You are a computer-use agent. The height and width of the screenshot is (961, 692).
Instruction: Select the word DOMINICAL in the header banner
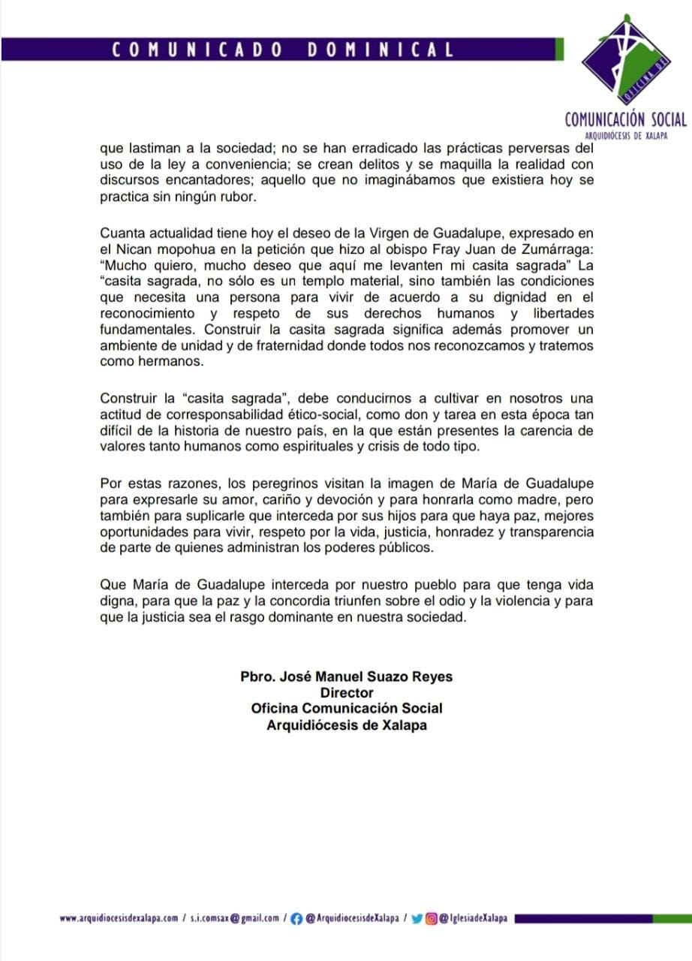381,50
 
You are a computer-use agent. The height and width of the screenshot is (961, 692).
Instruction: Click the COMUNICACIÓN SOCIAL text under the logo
625,119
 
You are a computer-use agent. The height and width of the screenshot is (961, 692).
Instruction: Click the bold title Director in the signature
346,693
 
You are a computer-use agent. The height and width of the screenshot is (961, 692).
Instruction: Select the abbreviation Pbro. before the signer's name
259,676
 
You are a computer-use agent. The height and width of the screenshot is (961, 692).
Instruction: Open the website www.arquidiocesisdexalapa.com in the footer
119,917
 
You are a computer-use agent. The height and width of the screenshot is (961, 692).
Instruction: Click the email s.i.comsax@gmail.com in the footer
234,917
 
